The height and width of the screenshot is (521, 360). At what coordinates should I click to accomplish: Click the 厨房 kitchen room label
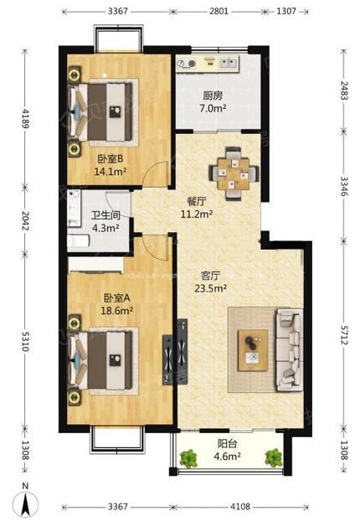point(213,96)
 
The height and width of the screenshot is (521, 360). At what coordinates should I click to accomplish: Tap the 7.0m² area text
point(213,108)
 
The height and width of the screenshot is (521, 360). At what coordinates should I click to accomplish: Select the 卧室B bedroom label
point(111,159)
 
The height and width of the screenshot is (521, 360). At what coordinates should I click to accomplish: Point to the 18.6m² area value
point(117,311)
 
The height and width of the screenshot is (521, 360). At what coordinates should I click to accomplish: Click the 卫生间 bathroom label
point(105,215)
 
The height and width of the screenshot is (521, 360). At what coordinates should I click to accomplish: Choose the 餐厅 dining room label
point(197,201)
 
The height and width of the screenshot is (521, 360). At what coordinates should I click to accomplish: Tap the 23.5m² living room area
point(210,288)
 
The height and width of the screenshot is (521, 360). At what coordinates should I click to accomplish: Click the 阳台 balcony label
point(227,444)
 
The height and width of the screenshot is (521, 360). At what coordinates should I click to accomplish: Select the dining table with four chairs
point(234,173)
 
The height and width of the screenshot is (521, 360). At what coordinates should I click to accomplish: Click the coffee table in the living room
point(253,350)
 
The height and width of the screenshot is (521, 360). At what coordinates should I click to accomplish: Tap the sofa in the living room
point(290,349)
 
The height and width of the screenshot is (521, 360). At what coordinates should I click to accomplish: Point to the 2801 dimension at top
point(219,11)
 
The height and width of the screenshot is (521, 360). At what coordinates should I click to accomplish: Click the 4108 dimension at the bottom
point(240,507)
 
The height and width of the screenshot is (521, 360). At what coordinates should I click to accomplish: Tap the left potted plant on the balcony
point(188,458)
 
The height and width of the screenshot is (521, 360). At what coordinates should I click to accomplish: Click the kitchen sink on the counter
point(229,63)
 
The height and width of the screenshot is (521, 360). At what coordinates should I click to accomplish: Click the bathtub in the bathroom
point(79,241)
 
